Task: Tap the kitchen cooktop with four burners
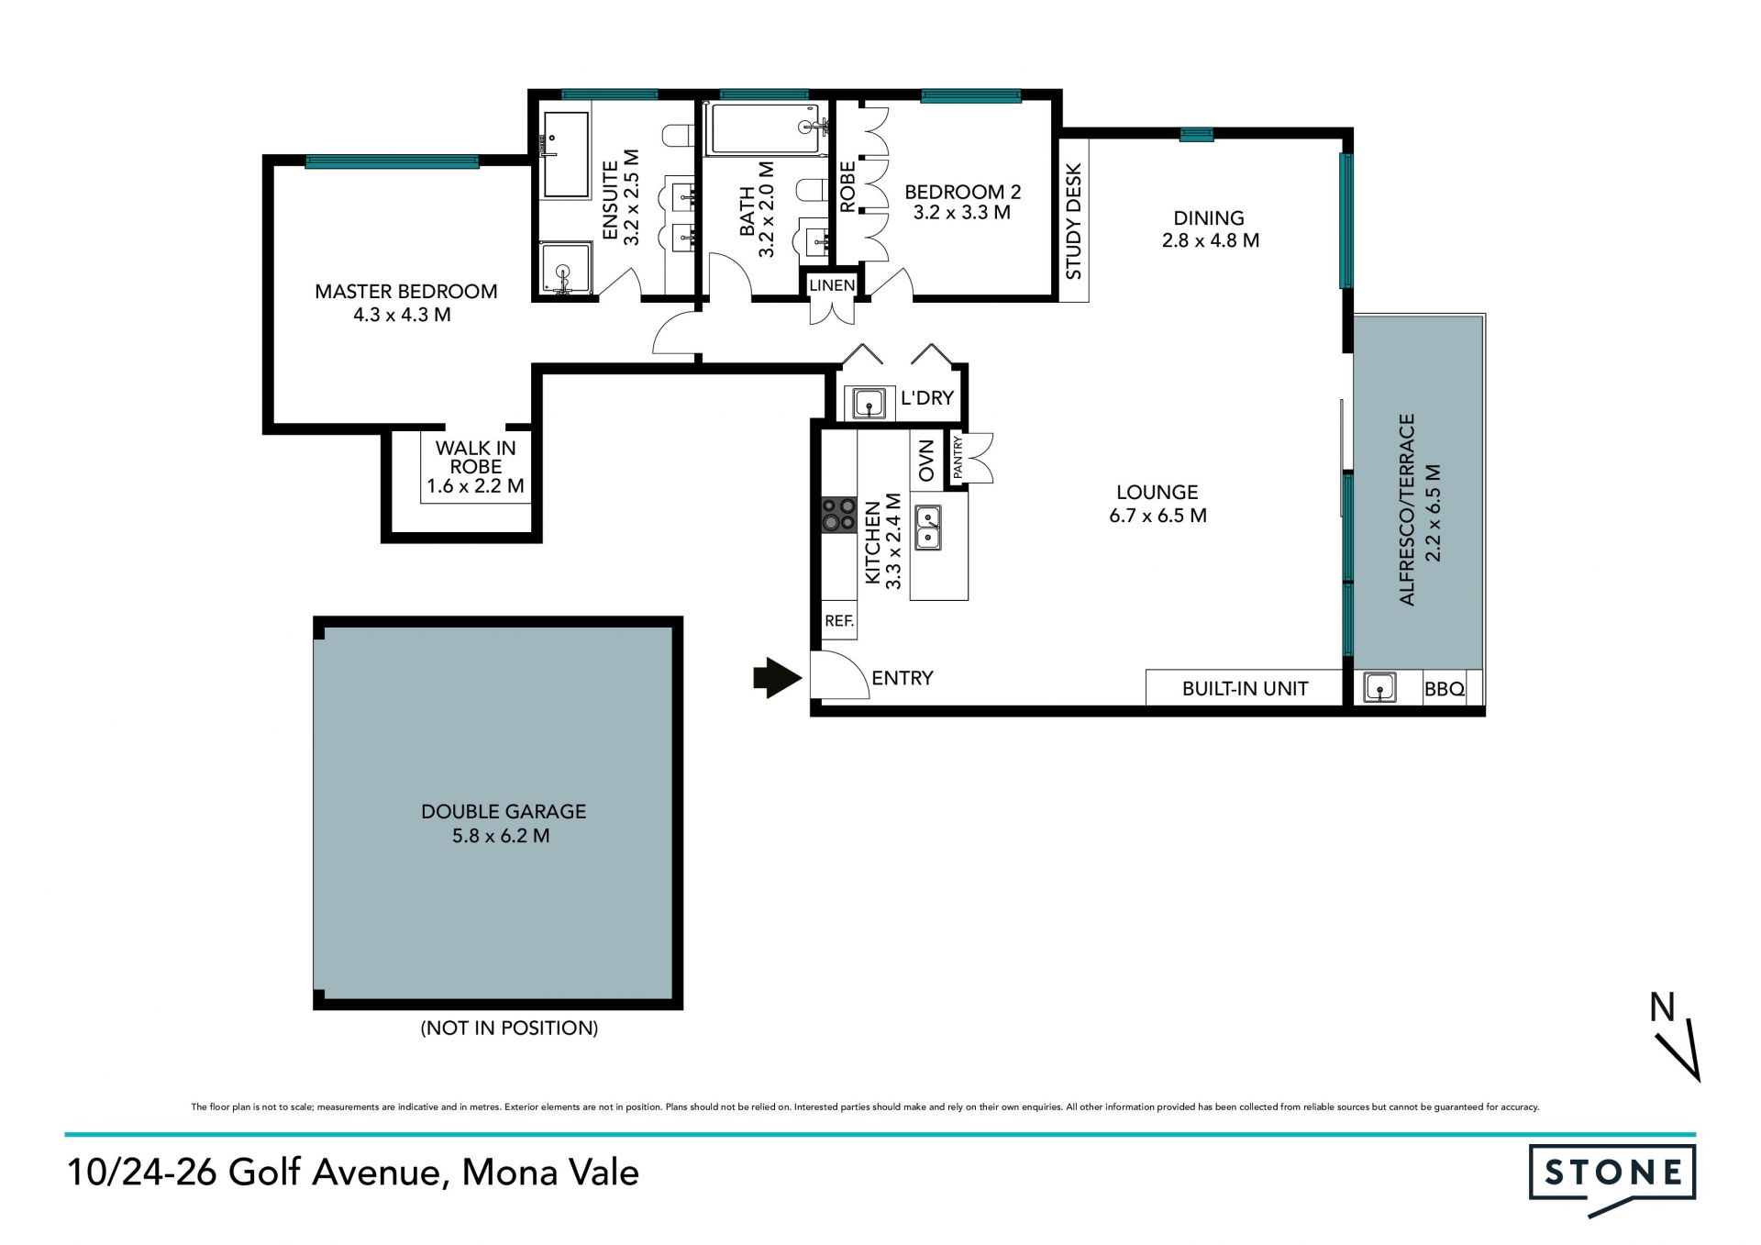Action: click(x=838, y=514)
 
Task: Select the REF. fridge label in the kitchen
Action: click(x=839, y=621)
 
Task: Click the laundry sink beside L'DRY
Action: click(x=869, y=403)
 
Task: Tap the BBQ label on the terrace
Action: click(x=1444, y=689)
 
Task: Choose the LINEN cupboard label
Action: click(x=832, y=285)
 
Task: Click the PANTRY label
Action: click(x=958, y=457)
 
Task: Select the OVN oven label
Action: click(x=925, y=461)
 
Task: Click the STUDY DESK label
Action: click(x=1073, y=221)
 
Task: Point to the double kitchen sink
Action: click(x=927, y=528)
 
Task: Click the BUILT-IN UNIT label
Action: click(x=1245, y=688)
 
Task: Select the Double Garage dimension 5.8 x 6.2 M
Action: click(x=501, y=836)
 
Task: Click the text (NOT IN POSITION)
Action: click(x=509, y=1028)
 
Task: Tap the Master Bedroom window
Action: click(x=392, y=162)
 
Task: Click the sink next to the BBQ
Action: click(x=1379, y=687)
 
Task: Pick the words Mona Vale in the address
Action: click(x=550, y=1173)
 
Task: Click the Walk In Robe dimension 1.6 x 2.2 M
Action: click(x=475, y=486)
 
